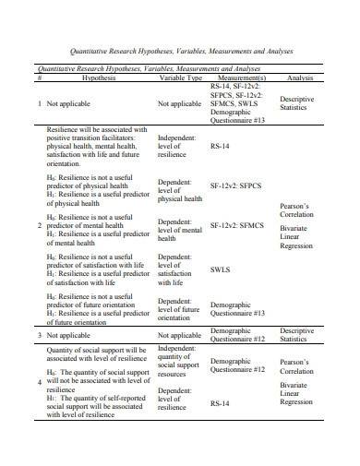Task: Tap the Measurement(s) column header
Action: point(250,78)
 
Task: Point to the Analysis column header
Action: point(302,78)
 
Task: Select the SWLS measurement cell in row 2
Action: point(222,270)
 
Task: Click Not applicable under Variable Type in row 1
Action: point(179,104)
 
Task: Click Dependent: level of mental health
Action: point(180,230)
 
